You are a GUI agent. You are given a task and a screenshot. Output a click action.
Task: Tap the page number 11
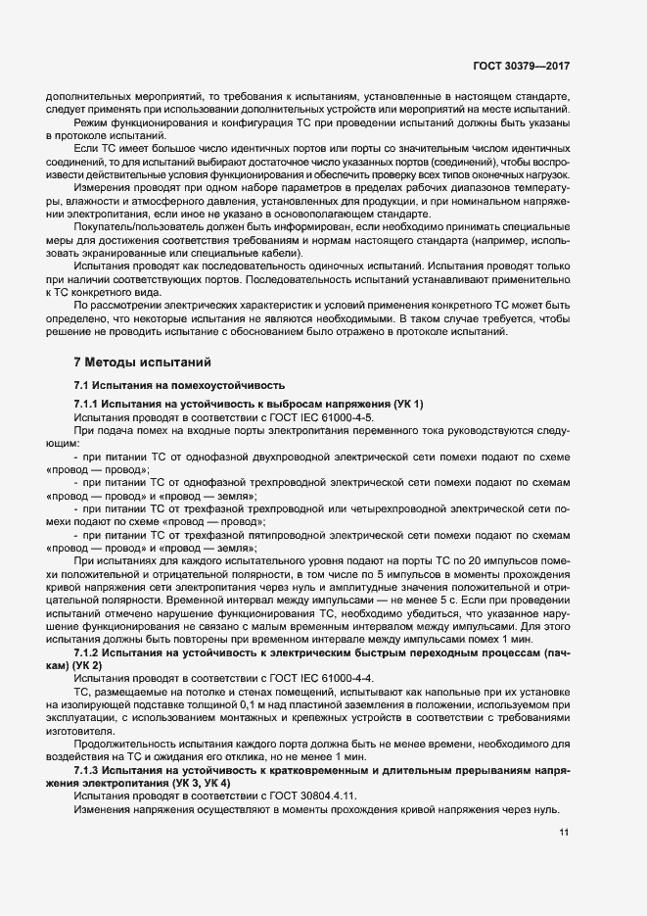pos(565,832)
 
